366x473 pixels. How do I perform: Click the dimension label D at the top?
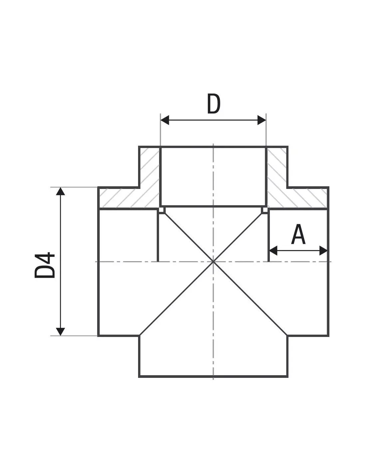(214, 104)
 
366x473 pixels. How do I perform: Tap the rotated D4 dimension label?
(45, 265)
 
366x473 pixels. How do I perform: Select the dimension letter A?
(298, 235)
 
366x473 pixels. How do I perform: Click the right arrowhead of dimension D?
(262, 120)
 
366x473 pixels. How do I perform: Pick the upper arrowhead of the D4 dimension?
(60, 192)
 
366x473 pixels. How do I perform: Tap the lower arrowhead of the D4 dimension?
(60, 331)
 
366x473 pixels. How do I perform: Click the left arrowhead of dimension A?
(273, 250)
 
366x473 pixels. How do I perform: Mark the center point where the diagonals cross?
(213, 262)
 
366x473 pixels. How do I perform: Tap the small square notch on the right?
(265, 210)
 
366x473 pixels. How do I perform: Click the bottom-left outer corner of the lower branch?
(139, 377)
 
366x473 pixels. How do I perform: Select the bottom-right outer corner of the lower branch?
(287, 377)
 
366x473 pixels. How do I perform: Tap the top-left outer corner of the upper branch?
(139, 146)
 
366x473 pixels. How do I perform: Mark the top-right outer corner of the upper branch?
(287, 146)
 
